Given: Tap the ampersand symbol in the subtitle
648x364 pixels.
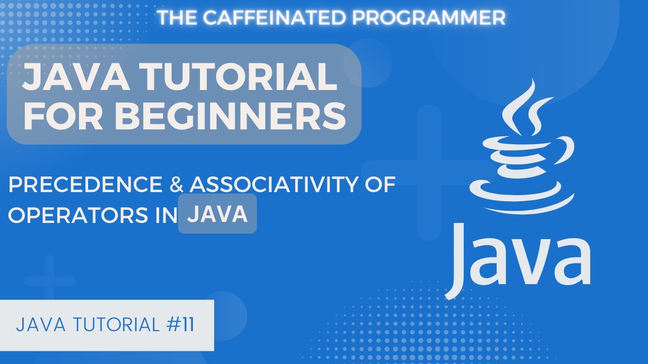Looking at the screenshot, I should (175, 186).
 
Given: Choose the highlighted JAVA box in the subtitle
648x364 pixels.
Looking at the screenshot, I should (217, 215).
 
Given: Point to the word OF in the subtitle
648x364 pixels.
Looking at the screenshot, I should (379, 186).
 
